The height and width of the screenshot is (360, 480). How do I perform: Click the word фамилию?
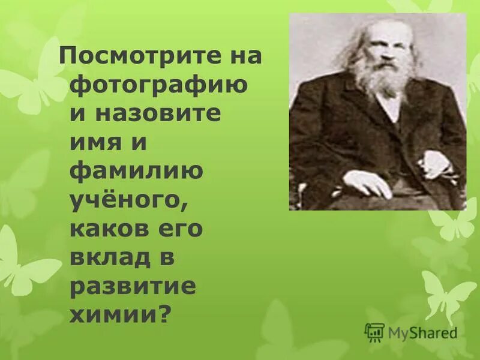coord(137,172)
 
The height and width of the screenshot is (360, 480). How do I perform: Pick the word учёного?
coord(124,202)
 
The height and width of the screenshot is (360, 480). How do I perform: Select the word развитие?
coord(133,287)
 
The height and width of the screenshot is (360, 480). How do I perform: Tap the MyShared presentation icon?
coord(374,332)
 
